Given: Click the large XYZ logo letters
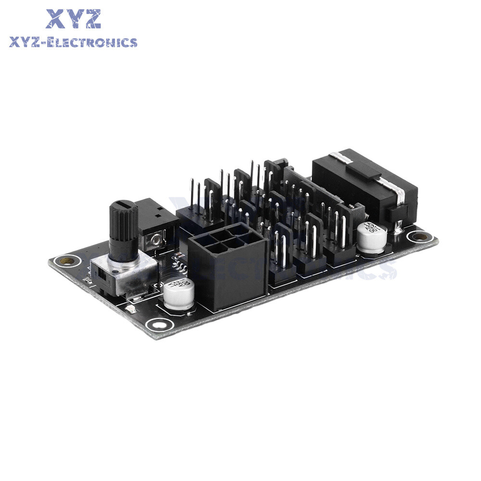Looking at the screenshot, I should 73,19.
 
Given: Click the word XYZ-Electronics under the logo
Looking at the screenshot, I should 73,43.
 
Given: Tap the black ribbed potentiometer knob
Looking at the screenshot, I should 123,226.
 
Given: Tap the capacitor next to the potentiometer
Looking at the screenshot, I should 178,294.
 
